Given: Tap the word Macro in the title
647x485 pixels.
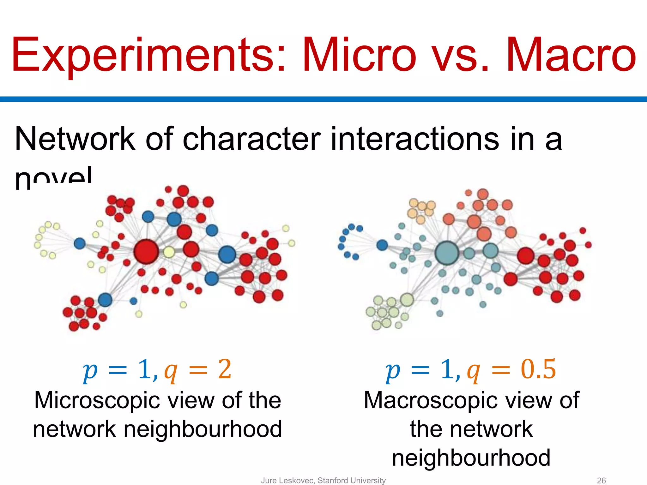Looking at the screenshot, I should (571, 55).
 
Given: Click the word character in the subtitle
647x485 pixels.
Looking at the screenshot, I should (251, 139).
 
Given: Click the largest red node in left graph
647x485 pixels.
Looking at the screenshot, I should (146, 252).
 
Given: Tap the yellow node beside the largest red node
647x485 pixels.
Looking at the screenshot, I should (169, 252).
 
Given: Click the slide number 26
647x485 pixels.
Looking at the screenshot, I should (601, 480).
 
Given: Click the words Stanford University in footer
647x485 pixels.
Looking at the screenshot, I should (352, 480).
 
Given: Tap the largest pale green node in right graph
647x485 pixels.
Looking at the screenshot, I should (407, 299).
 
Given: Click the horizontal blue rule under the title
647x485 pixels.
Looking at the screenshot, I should (323, 99).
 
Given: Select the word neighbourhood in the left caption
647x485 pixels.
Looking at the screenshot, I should (203, 429).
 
